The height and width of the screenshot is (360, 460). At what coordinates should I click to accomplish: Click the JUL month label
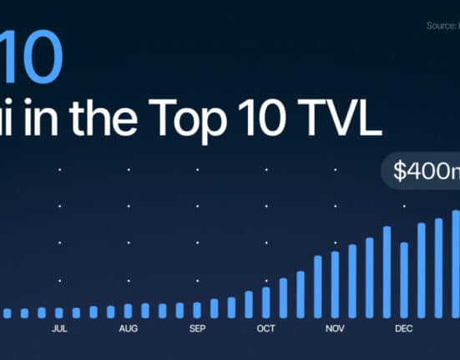click(59, 329)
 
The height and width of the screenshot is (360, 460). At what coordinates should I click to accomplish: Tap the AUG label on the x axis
click(128, 329)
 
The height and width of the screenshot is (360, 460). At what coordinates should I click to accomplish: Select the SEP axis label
click(197, 329)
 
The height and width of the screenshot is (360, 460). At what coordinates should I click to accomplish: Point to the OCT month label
click(265, 329)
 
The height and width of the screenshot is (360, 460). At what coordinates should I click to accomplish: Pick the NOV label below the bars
click(335, 329)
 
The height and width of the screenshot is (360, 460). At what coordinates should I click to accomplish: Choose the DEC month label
click(404, 329)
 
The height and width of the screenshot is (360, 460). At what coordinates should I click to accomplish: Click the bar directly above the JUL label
click(58, 312)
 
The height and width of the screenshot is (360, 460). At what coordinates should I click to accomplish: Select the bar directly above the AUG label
click(128, 312)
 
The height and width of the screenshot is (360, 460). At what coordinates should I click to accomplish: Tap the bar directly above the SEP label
click(197, 310)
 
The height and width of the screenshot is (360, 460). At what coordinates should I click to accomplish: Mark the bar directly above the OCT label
click(266, 302)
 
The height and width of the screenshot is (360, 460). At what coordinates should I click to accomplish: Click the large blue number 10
click(33, 59)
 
